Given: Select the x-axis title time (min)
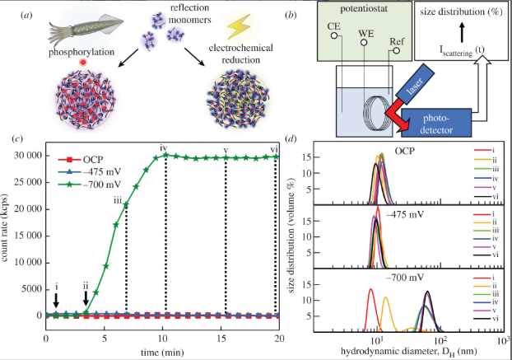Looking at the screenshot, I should (161, 350).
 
